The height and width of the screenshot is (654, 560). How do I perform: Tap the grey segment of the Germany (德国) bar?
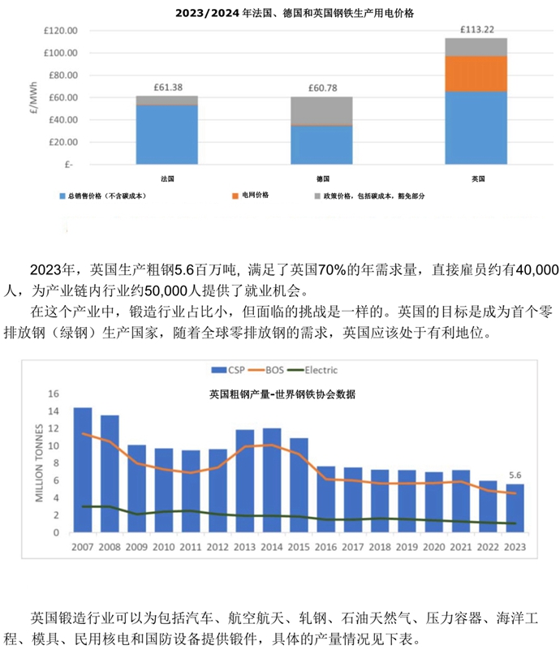pyautogui.click(x=322, y=110)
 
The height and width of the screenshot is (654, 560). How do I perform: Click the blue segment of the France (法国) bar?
pyautogui.click(x=166, y=134)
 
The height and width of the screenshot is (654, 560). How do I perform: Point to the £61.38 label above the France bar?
pyautogui.click(x=166, y=88)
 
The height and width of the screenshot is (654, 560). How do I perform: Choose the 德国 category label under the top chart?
pyautogui.click(x=322, y=178)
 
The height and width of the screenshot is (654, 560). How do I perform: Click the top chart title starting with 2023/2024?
pyautogui.click(x=279, y=14)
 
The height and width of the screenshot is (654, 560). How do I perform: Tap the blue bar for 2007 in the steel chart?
pyautogui.click(x=83, y=471)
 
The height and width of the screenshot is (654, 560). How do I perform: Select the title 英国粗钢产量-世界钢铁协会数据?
pyautogui.click(x=279, y=395)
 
